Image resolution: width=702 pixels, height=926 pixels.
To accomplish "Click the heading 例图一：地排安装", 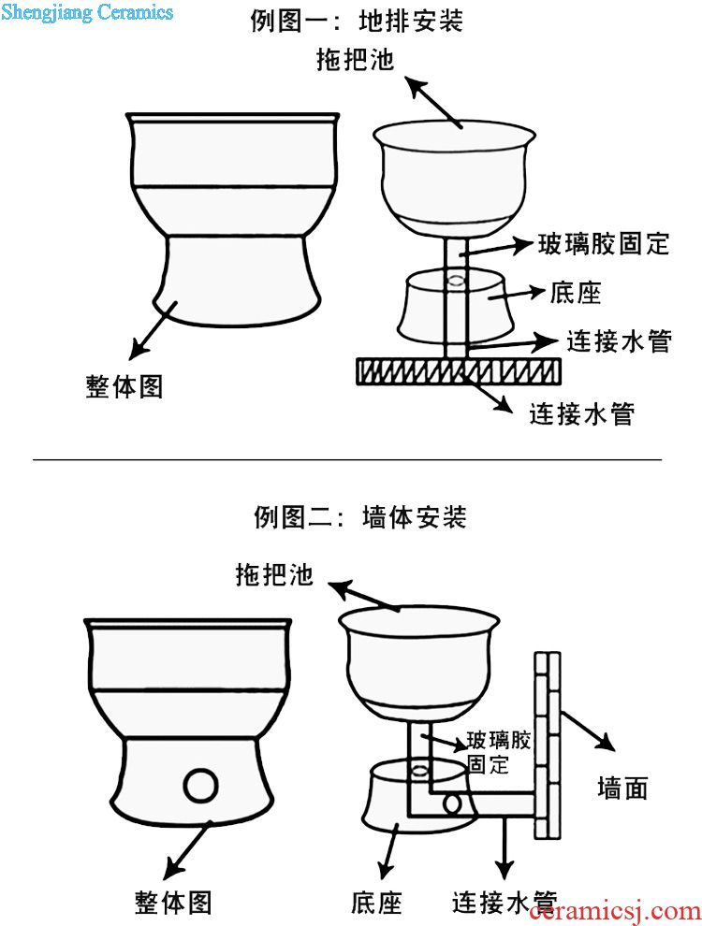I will [356, 21].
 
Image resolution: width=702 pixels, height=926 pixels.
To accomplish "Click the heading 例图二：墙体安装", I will [359, 516].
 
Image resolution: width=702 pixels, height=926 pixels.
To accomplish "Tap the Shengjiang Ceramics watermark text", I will [87, 12].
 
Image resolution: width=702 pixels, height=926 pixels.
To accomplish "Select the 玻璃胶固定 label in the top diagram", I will [604, 245].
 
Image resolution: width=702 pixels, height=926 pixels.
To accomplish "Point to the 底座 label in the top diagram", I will [575, 293].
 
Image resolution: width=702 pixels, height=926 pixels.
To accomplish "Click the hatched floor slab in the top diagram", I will [459, 371].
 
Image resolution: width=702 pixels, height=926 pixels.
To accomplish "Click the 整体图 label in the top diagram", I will [124, 387].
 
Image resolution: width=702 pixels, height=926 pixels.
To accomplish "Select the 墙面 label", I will [622, 789].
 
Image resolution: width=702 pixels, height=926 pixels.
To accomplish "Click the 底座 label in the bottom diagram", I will [376, 903].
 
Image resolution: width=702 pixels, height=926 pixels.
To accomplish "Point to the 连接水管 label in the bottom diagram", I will [505, 903].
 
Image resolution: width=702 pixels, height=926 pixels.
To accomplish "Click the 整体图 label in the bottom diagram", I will [173, 903].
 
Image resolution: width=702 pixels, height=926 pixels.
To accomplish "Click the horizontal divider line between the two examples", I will [346, 460].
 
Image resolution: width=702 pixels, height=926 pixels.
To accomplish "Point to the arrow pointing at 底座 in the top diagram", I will [530, 292].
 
